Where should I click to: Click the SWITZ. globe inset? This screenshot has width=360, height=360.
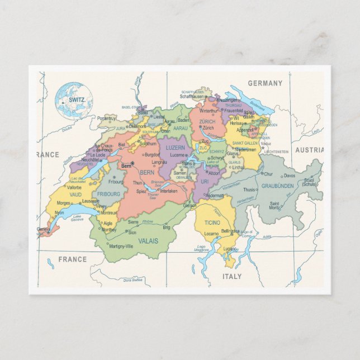point(74,101)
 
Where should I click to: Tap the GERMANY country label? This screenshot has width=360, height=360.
point(266,83)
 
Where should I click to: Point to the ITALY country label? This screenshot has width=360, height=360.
point(232,276)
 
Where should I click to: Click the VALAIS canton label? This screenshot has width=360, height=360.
point(149,241)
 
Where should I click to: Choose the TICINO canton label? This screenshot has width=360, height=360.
point(205,222)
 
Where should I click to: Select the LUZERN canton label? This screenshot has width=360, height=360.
point(175,148)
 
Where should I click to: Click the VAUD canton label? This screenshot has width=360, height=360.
point(76,195)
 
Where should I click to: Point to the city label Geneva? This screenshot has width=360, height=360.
point(44,229)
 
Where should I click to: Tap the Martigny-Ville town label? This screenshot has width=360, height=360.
point(121,246)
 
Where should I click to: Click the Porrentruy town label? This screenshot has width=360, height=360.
point(106,119)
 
